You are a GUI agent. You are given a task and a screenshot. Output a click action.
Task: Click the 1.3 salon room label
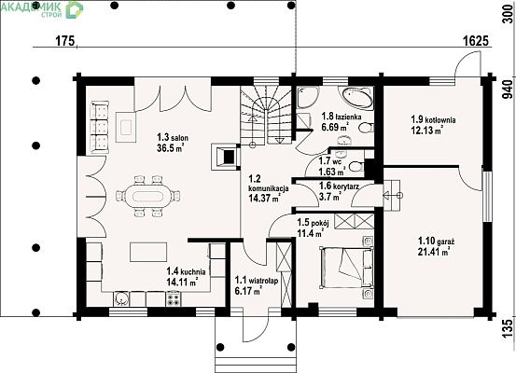pyautogui.click(x=173, y=137)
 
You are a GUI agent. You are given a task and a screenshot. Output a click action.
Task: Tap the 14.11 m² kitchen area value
pyautogui.click(x=182, y=282)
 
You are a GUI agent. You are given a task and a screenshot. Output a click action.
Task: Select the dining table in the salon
pyautogui.click(x=147, y=197)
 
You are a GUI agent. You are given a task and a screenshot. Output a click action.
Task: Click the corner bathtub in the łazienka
pyautogui.click(x=356, y=98)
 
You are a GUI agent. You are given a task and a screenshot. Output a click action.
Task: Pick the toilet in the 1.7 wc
pyautogui.click(x=356, y=166)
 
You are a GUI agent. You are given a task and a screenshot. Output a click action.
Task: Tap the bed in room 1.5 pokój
pyautogui.click(x=347, y=268)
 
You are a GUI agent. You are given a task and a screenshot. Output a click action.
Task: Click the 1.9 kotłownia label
pyautogui.click(x=433, y=119)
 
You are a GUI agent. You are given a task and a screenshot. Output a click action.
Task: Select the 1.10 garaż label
pyautogui.click(x=436, y=242)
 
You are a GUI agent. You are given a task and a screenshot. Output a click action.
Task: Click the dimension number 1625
pyautogui.click(x=476, y=41)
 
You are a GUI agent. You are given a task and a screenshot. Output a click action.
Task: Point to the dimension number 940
pyautogui.click(x=508, y=90)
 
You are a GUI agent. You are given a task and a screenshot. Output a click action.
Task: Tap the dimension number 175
pyautogui.click(x=65, y=41)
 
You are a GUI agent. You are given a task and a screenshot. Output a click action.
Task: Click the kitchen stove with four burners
pyautogui.click(x=174, y=299)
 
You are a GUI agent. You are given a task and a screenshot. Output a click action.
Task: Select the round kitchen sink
pyautogui.click(x=122, y=299)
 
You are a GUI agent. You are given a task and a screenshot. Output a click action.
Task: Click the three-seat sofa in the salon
pyautogui.click(x=100, y=127)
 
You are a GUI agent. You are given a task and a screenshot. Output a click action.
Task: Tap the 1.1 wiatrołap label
pyautogui.click(x=257, y=281)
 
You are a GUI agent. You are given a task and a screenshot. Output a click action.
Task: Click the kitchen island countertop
pyautogui.click(x=148, y=253)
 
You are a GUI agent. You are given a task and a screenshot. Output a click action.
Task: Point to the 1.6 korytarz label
pyautogui.click(x=339, y=186)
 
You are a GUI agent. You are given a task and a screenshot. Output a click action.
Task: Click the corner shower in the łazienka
pyautogui.click(x=307, y=97)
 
